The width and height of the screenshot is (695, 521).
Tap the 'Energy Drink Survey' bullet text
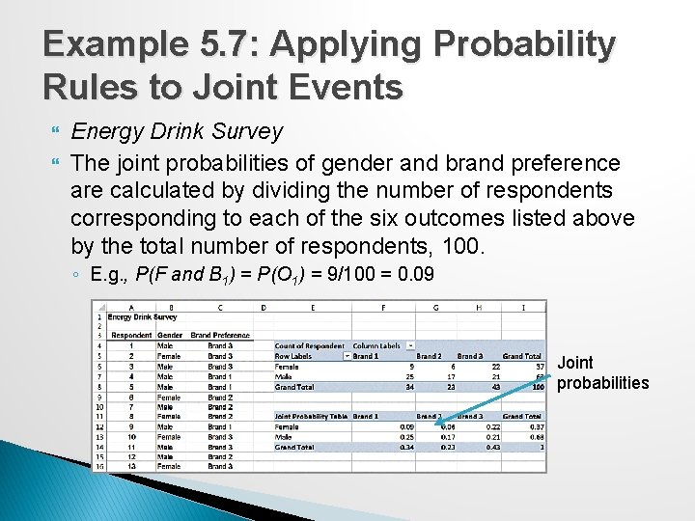coord(177,131)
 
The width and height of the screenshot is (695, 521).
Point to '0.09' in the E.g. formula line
coord(417,275)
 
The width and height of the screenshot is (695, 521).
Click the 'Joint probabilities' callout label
coord(602,373)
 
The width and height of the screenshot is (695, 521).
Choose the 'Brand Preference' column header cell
coord(220,336)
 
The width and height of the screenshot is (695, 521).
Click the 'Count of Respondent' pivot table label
coord(309,345)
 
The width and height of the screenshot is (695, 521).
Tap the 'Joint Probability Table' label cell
coord(311,416)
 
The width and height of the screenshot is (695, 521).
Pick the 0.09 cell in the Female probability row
coord(406,426)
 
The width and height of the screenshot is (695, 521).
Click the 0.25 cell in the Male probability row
coord(406,436)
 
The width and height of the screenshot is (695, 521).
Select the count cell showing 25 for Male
coord(409,376)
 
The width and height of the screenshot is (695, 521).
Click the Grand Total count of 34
coord(409,386)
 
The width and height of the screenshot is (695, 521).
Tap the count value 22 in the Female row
coord(495,366)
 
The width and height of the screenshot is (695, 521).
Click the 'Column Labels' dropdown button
coord(411,345)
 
